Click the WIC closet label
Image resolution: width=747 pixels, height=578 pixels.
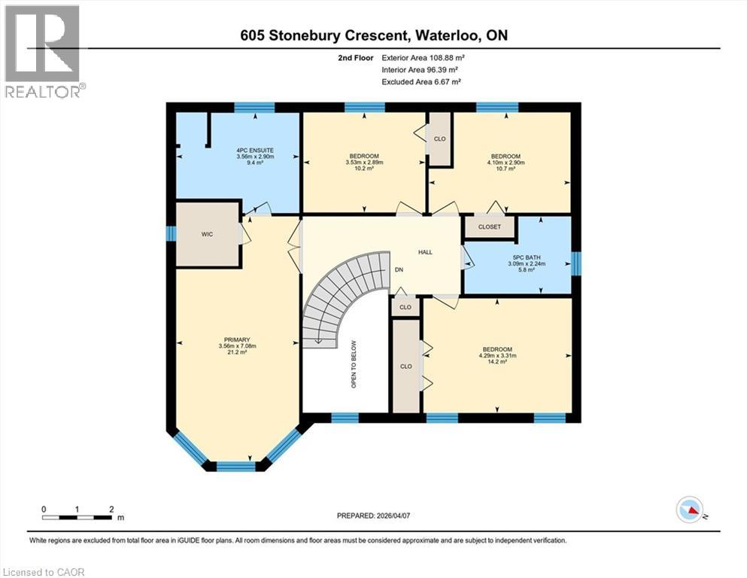click(208, 235)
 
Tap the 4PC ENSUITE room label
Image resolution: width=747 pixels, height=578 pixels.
click(255, 151)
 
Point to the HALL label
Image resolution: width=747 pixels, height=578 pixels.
click(426, 252)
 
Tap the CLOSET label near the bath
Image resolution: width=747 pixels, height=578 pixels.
click(489, 227)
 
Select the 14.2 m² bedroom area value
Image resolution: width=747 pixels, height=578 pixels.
click(497, 363)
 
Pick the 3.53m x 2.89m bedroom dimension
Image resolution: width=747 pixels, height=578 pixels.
click(363, 163)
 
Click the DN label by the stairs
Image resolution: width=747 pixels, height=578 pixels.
click(399, 269)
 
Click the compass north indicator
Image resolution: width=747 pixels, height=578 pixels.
click(690, 511)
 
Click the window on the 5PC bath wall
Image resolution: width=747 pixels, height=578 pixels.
click(576, 263)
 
